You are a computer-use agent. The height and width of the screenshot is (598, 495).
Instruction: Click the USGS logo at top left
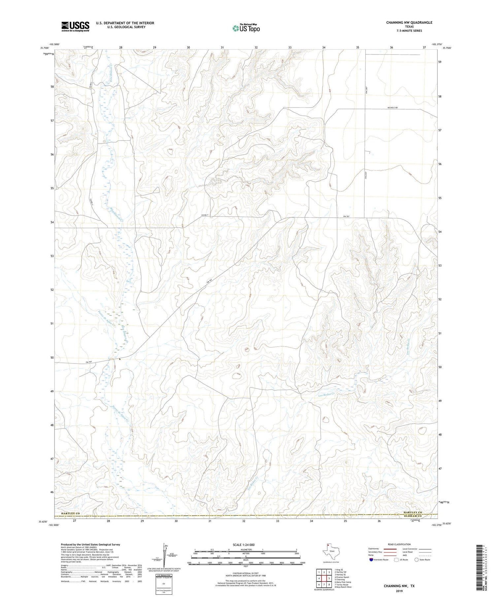coord(75,26)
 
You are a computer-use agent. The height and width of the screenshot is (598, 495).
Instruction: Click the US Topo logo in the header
coord(246,28)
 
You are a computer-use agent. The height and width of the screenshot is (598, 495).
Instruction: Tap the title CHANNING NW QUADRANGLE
coord(409,22)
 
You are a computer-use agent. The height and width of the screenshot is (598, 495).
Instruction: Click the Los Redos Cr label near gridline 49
coord(326,394)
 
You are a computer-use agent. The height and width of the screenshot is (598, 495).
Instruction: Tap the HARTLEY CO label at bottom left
coord(71,514)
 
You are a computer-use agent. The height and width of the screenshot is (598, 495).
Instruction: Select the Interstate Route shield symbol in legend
coord(371,559)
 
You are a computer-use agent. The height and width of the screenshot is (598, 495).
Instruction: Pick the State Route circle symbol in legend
coord(417,559)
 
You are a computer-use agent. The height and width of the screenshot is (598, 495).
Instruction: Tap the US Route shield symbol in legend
coord(396,559)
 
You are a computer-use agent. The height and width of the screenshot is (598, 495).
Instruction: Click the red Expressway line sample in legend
coord(389,549)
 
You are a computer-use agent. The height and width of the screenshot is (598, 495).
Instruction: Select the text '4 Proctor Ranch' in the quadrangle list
coord(342,577)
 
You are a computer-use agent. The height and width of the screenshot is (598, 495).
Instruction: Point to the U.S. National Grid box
coord(163,583)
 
